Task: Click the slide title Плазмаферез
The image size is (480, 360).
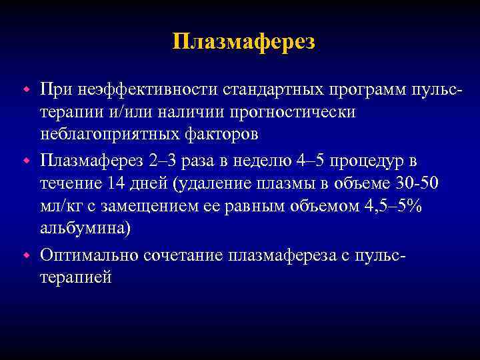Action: (243, 42)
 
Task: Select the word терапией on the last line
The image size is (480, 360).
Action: (76, 277)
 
